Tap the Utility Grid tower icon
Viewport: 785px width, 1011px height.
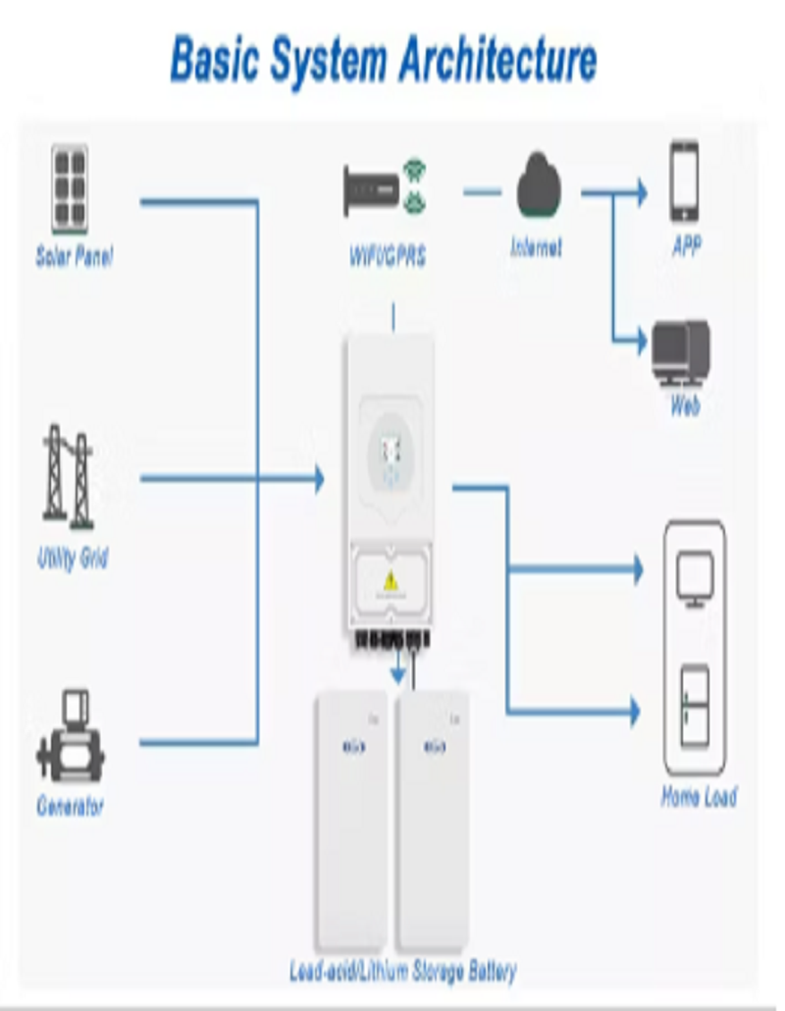pyautogui.click(x=69, y=473)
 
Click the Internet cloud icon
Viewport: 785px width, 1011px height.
pyautogui.click(x=539, y=183)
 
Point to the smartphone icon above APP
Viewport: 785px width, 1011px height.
pyautogui.click(x=685, y=182)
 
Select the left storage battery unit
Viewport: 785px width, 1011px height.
pyautogui.click(x=351, y=820)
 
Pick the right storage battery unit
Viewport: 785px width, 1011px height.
pyautogui.click(x=432, y=820)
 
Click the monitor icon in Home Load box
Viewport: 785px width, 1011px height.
pyautogui.click(x=695, y=579)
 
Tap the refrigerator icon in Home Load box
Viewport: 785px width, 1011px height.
pyautogui.click(x=695, y=704)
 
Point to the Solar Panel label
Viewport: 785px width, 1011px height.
pyautogui.click(x=75, y=257)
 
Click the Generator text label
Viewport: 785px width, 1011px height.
pyautogui.click(x=71, y=807)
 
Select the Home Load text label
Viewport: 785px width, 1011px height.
pyautogui.click(x=699, y=797)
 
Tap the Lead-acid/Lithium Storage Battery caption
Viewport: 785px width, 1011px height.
pyautogui.click(x=403, y=972)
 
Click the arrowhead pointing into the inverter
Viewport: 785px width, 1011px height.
pyautogui.click(x=318, y=480)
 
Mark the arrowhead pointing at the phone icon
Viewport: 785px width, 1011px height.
pyautogui.click(x=642, y=192)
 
